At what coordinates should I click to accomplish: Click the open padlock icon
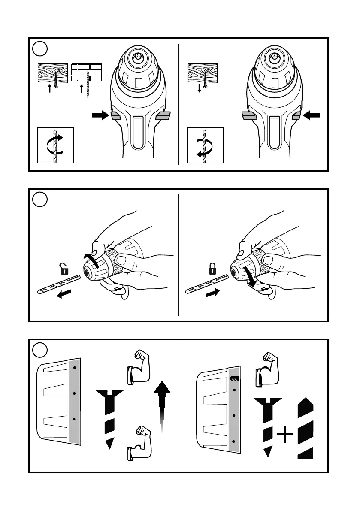(x=64, y=269)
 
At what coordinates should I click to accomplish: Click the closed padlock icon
(x=211, y=269)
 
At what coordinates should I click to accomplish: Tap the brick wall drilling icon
(x=87, y=74)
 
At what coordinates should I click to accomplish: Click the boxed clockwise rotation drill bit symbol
(x=55, y=145)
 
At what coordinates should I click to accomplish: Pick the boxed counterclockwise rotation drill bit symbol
(x=205, y=145)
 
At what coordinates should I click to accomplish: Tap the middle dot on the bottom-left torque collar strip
(x=75, y=393)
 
